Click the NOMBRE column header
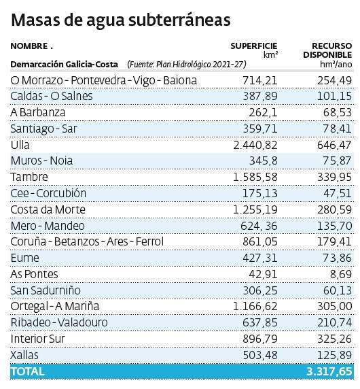[31, 46]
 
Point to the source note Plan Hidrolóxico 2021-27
[185, 64]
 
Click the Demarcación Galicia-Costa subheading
[60, 64]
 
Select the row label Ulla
[20, 145]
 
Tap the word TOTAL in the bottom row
[28, 371]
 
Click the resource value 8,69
[338, 274]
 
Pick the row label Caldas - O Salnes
[52, 96]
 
